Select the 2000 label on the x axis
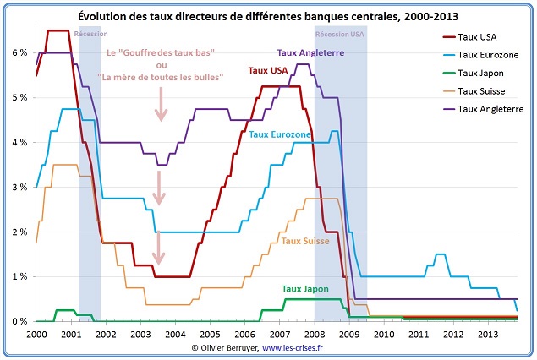click(x=36, y=335)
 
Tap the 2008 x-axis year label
click(x=315, y=335)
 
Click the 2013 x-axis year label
click(x=489, y=335)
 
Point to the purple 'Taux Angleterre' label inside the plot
click(x=310, y=52)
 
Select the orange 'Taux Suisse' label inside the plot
click(x=306, y=242)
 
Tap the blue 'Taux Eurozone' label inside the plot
click(x=280, y=134)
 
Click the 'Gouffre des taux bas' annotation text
click(x=161, y=53)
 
